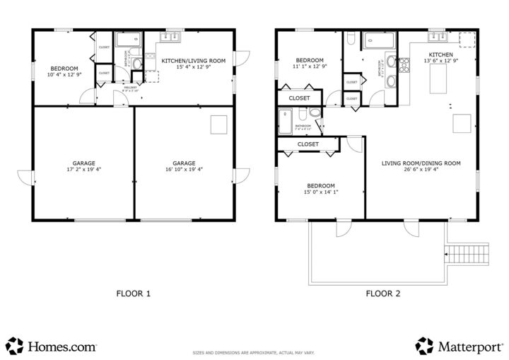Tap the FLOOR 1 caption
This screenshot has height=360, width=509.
pyautogui.click(x=133, y=293)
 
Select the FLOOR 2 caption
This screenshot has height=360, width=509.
pyautogui.click(x=382, y=293)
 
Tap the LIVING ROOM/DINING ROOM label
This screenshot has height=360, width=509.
pyautogui.click(x=421, y=166)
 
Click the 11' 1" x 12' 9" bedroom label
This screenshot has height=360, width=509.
pyautogui.click(x=310, y=64)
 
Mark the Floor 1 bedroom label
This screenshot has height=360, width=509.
pyautogui.click(x=64, y=71)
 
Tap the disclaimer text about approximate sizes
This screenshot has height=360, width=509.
pyautogui.click(x=254, y=352)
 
